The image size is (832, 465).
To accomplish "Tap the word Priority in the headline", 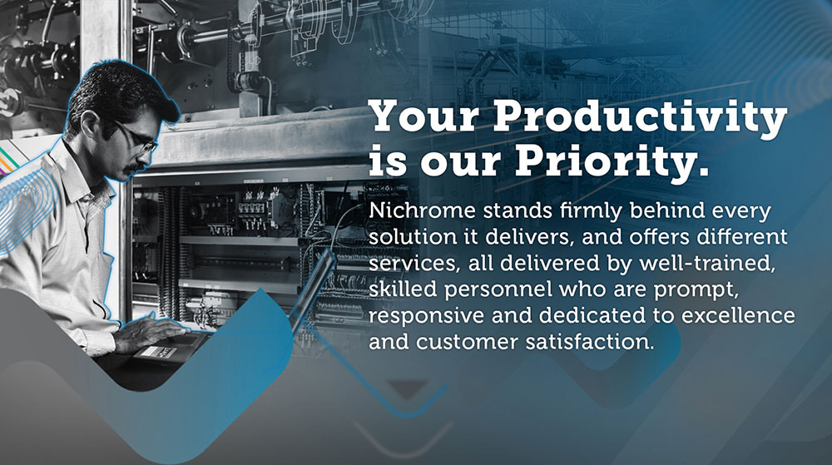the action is pyautogui.click(x=612, y=161).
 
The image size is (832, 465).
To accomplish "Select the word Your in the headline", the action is pyautogui.click(x=424, y=116).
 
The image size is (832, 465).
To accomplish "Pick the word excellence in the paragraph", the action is pyautogui.click(x=738, y=315).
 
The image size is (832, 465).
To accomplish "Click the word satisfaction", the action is pyautogui.click(x=590, y=342).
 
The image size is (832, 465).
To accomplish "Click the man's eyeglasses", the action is pyautogui.click(x=137, y=137).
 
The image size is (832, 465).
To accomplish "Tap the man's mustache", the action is pyautogui.click(x=136, y=168).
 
